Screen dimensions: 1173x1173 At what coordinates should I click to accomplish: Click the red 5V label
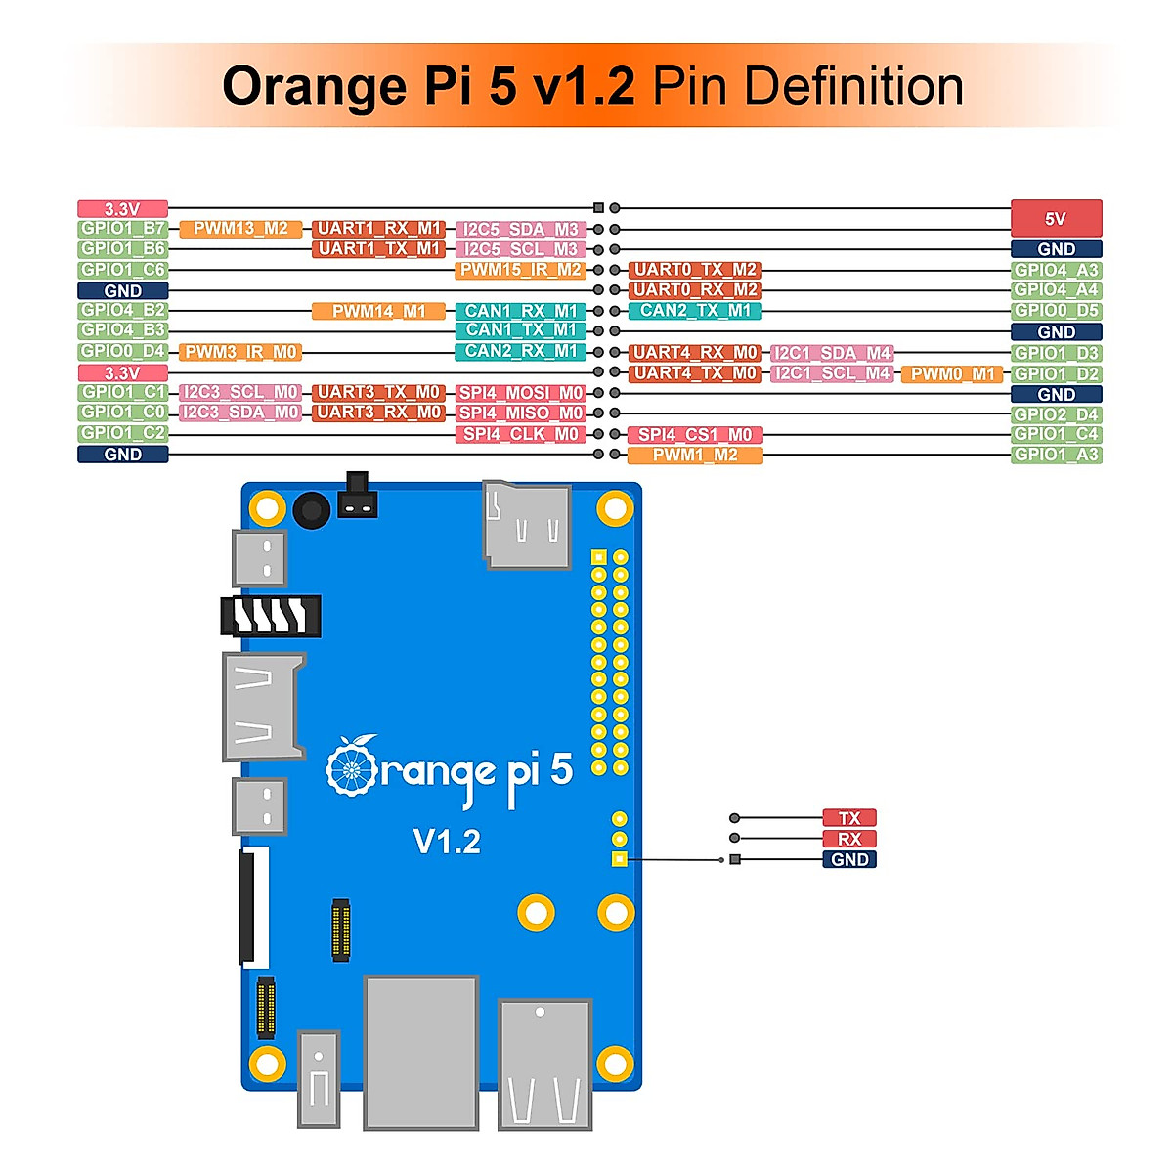coord(1056,218)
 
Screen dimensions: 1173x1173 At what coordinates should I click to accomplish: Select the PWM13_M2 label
coord(240,229)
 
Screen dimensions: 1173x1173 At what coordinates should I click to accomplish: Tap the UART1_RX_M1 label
coord(379,229)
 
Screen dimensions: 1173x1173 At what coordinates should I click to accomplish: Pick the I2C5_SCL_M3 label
coord(520,249)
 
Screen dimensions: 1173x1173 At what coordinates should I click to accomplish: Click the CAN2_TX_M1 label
coord(695,311)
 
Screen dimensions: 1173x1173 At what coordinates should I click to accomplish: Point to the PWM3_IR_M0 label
coord(240,352)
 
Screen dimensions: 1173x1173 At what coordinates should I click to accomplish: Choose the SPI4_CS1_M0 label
coord(695,435)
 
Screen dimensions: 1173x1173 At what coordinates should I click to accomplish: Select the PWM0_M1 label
coord(952,373)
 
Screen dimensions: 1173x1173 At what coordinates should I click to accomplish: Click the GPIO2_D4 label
coord(1056,414)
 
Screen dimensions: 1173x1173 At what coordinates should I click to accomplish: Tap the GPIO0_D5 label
coord(1056,311)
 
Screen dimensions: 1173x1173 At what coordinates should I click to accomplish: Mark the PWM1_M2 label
coord(695,456)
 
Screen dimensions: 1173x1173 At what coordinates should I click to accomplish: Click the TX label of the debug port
coord(848,818)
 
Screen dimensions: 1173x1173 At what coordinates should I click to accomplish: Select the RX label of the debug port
coord(848,839)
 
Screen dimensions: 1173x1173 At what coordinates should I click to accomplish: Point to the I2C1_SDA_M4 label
coord(832,353)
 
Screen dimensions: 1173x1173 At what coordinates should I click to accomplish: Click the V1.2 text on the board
coord(447,842)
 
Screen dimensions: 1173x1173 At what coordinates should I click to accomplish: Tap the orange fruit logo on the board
coord(351,766)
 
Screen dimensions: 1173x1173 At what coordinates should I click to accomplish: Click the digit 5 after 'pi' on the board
coord(561,769)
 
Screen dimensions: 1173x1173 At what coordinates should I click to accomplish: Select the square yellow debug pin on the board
coord(619,859)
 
